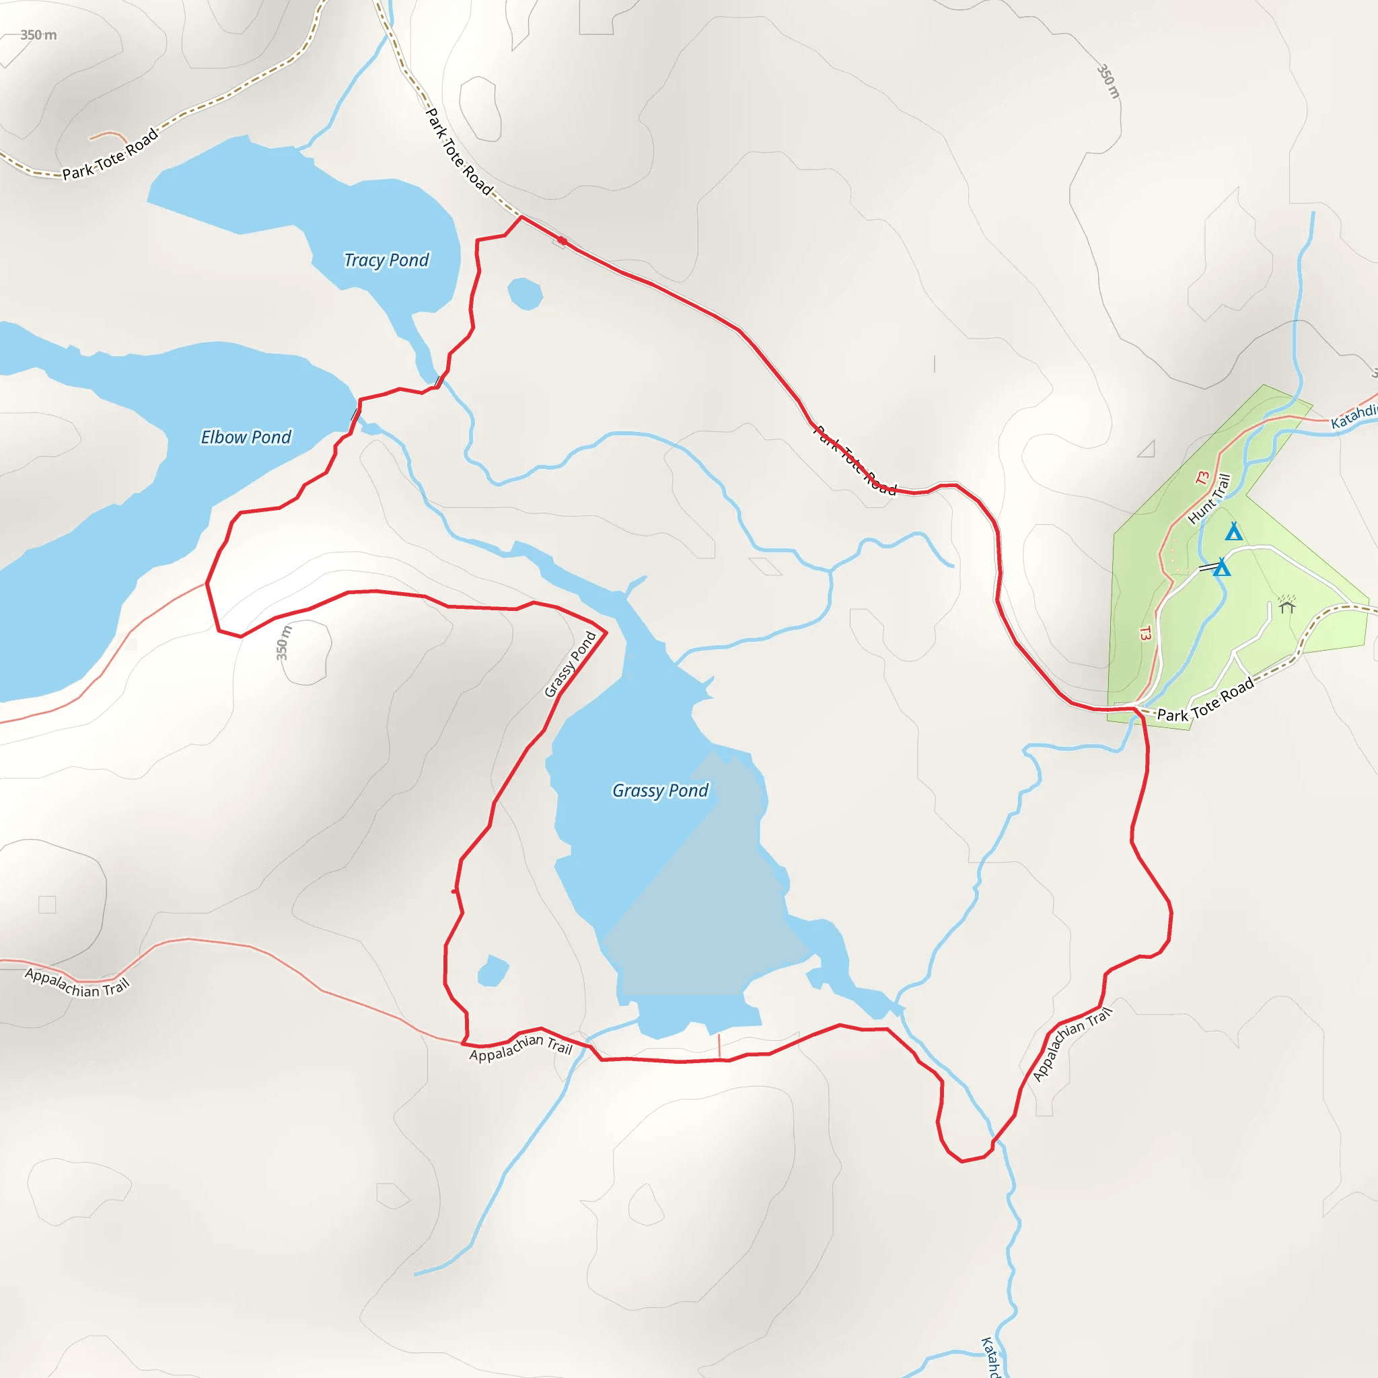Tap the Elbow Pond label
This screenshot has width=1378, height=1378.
[x=246, y=437]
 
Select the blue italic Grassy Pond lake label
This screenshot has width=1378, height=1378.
[x=661, y=791]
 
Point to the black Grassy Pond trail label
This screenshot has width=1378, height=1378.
[x=571, y=664]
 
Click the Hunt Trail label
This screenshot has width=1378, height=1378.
[x=1210, y=499]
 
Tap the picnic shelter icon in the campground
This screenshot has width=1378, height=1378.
[x=1286, y=606]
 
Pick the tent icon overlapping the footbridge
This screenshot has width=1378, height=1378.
[x=1222, y=568]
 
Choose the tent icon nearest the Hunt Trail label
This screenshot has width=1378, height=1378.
[x=1233, y=532]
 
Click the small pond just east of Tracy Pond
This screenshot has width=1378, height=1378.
[x=525, y=294]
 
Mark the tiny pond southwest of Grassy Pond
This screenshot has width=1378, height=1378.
[x=492, y=971]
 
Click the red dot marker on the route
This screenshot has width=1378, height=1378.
[x=562, y=241]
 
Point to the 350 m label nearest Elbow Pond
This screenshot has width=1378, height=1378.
[x=283, y=643]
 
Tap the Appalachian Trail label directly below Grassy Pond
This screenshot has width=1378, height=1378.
[x=521, y=1047]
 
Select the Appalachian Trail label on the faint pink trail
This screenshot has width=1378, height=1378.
[x=77, y=983]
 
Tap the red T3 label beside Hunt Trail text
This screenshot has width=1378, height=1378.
[x=1202, y=478]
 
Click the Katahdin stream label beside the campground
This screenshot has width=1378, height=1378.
[x=1354, y=416]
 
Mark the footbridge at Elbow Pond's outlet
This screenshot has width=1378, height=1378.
[x=355, y=414]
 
